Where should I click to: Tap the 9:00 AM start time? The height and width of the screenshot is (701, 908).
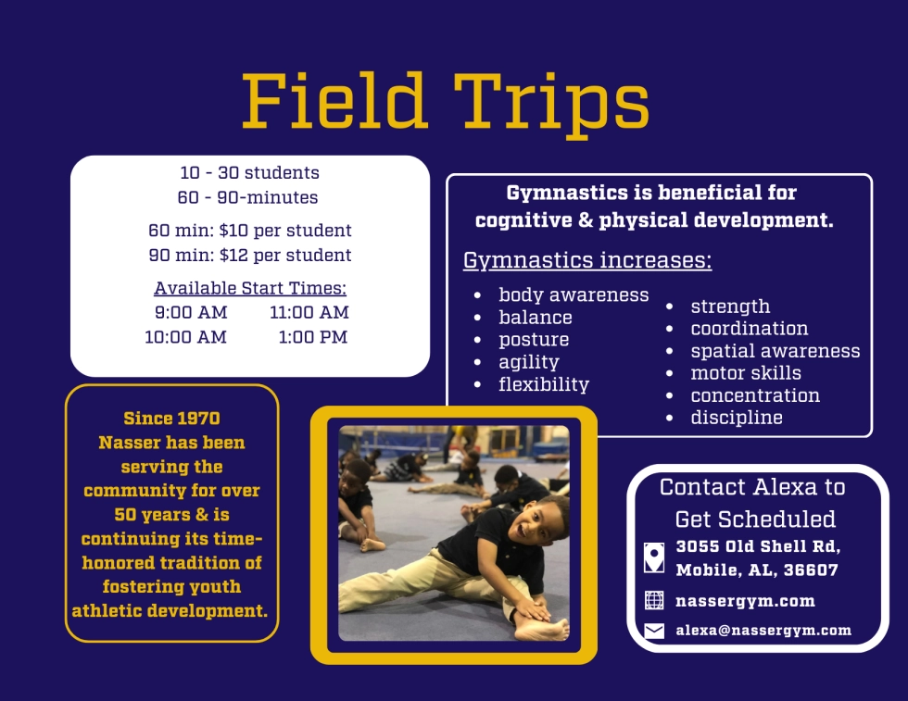191,313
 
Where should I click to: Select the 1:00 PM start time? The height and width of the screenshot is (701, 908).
313,337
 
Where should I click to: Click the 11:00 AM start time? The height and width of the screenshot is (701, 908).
309,313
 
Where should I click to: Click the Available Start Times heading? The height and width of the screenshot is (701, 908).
250,288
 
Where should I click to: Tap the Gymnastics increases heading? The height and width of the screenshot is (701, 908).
587,260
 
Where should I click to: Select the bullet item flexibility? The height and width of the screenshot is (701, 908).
544,384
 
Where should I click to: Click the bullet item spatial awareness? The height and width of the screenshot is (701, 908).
776,351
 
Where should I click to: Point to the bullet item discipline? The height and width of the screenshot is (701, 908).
737,418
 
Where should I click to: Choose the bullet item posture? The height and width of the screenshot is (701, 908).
534,340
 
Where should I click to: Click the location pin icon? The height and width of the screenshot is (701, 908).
654,558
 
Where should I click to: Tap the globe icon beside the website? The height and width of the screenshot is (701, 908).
654,600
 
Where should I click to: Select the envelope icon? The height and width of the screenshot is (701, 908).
654,631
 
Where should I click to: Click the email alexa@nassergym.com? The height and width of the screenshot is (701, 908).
763,631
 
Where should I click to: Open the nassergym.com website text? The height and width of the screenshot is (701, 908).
745,601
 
